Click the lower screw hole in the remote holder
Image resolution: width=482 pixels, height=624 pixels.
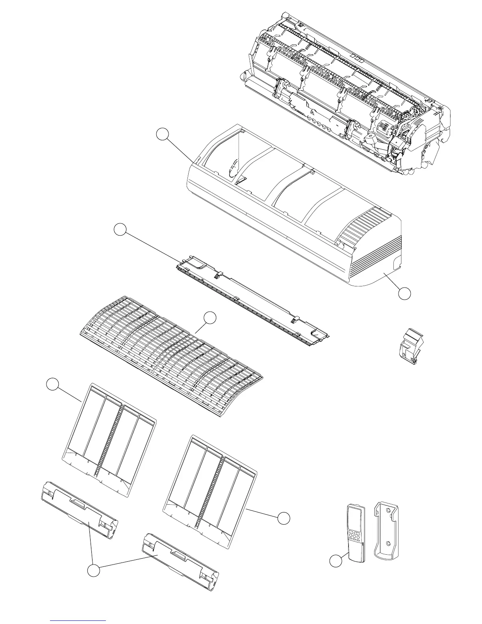[388, 544]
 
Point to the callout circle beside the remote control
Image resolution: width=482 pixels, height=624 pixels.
[336, 561]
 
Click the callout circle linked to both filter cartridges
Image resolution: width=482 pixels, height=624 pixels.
[93, 570]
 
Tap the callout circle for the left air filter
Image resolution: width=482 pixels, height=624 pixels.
[52, 384]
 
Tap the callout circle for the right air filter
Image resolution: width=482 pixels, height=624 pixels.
[283, 518]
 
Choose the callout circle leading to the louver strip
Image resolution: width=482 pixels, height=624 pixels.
[120, 229]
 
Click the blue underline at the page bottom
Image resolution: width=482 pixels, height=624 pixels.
[78, 621]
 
